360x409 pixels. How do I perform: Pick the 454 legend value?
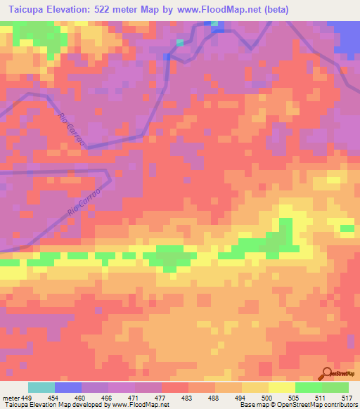click(54, 398)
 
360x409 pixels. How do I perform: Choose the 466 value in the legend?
click(108, 398)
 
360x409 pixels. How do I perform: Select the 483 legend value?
click(188, 398)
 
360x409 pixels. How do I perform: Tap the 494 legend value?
click(241, 398)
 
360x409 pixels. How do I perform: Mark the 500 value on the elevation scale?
click(268, 398)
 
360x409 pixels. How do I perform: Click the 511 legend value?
click(321, 398)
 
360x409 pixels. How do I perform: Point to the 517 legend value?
click(346, 398)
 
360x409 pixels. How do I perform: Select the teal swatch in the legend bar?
click(41, 387)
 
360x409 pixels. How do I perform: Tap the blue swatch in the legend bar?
click(68, 387)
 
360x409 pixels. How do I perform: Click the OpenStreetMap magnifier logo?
click(326, 373)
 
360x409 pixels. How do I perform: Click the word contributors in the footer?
click(339, 405)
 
